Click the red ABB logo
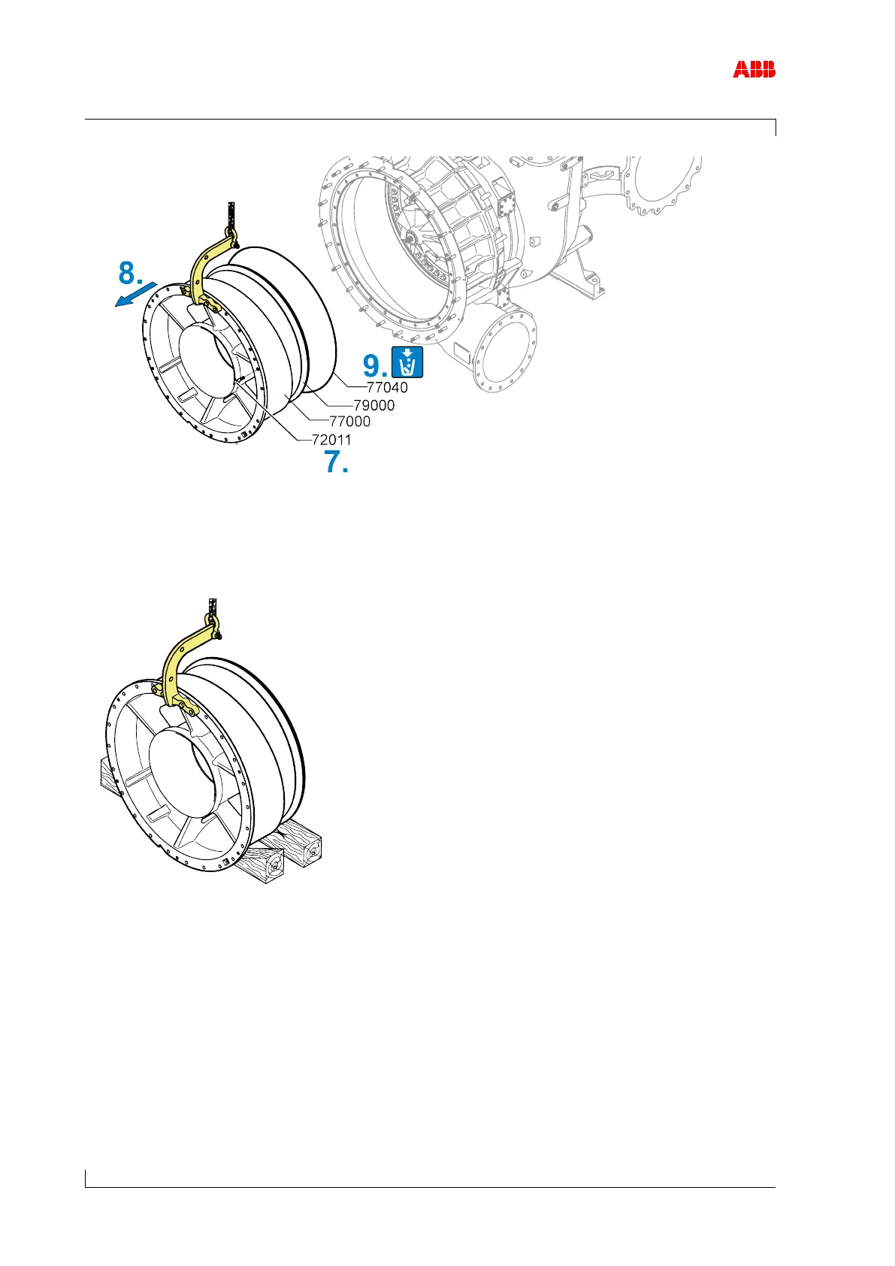click(x=754, y=70)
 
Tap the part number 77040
click(x=387, y=388)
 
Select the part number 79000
click(x=374, y=405)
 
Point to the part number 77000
click(x=350, y=422)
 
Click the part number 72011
click(x=331, y=440)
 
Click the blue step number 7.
click(x=336, y=462)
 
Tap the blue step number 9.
click(x=375, y=366)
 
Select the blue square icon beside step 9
click(x=407, y=362)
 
